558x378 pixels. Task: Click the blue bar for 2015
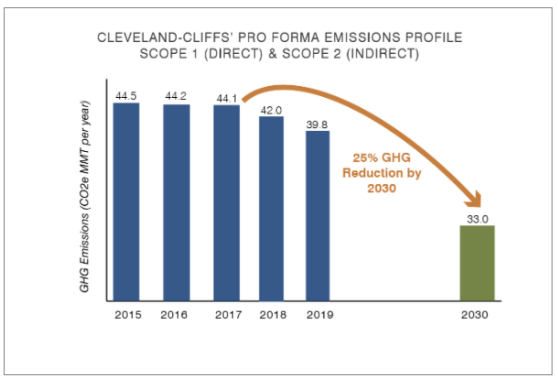[126, 201]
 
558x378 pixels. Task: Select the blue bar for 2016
[177, 202]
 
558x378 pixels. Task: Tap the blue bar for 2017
[226, 202]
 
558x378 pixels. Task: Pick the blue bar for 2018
[272, 208]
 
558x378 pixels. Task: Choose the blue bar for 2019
[317, 215]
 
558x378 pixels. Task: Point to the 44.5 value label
[126, 95]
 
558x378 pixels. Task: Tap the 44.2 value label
[177, 96]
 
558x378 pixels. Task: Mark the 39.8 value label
[317, 123]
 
